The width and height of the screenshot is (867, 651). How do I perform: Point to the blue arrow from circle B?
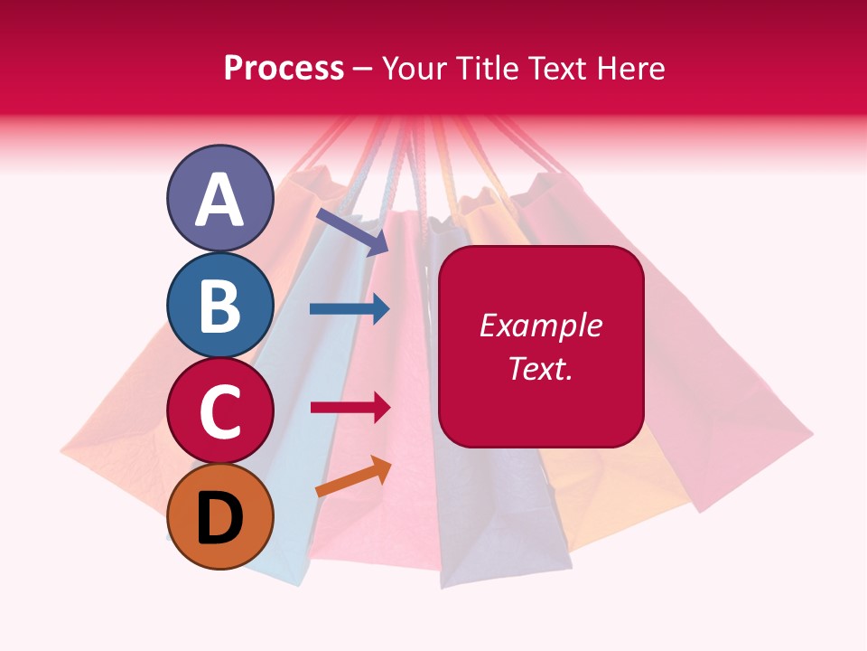[x=350, y=309]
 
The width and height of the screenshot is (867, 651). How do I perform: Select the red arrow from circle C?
[x=350, y=407]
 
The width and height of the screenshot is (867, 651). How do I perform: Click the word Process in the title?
[x=284, y=69]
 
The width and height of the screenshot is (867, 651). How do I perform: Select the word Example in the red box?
[x=541, y=325]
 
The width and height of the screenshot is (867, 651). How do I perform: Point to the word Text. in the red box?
[x=541, y=368]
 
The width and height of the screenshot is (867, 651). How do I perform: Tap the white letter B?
[x=219, y=306]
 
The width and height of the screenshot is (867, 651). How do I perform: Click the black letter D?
[x=219, y=518]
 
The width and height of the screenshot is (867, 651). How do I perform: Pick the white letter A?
[x=219, y=199]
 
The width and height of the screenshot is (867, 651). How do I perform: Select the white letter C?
[x=219, y=411]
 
